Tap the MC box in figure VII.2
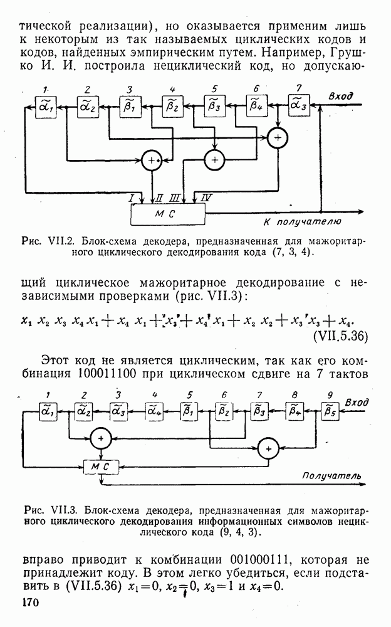point(167,215)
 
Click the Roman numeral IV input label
point(206,198)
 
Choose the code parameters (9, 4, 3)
point(237,532)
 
